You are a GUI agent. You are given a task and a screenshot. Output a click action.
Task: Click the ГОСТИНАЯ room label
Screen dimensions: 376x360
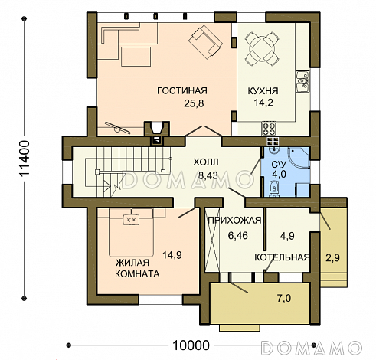(x=181, y=91)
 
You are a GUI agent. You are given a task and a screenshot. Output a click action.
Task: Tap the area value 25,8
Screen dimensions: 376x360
(x=194, y=103)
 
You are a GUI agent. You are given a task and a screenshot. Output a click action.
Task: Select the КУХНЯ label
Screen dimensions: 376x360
(x=263, y=91)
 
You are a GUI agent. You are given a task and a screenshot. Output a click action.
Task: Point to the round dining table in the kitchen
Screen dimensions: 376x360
(x=260, y=48)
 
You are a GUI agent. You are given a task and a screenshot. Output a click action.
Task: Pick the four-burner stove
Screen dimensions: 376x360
(x=269, y=128)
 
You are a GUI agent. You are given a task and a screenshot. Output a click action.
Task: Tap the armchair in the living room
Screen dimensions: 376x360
(x=206, y=41)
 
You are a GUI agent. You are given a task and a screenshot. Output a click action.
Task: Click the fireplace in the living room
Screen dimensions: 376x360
(x=157, y=130)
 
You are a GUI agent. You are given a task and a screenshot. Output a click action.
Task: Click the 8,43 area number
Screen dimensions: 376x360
(x=208, y=175)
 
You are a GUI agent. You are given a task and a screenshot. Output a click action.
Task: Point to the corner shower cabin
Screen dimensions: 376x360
(x=299, y=158)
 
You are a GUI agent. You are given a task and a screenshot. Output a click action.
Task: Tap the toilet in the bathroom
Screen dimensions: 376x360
(x=274, y=189)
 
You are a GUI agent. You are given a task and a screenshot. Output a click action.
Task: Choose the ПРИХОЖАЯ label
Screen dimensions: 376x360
(x=234, y=220)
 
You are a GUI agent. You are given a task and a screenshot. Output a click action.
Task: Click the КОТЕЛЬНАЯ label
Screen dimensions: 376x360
(x=282, y=257)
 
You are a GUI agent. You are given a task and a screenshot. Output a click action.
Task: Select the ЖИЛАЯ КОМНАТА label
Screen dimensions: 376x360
(x=137, y=268)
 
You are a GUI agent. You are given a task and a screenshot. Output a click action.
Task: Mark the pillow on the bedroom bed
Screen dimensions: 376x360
(x=131, y=219)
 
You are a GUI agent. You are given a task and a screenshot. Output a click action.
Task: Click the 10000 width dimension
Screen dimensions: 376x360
(x=191, y=345)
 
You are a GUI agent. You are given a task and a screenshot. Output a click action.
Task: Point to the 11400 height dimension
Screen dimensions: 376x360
(x=25, y=159)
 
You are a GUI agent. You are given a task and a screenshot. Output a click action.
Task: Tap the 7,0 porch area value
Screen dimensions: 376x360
(x=284, y=298)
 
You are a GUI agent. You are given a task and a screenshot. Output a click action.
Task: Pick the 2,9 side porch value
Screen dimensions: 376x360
(x=332, y=258)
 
